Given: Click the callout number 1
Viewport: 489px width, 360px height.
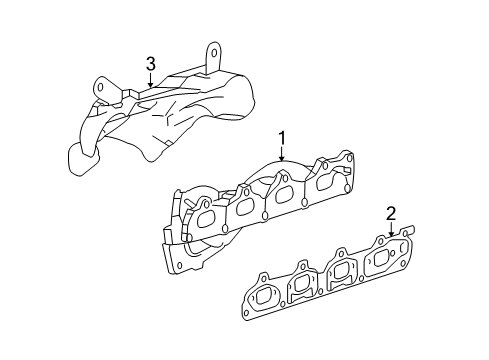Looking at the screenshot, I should (x=282, y=140).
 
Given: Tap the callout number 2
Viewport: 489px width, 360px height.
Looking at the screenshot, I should (x=391, y=213).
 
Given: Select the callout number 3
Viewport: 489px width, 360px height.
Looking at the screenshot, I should (x=150, y=64).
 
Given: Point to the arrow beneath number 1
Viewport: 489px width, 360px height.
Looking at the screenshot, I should (x=282, y=155).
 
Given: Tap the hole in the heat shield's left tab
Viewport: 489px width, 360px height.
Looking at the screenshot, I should (x=101, y=90).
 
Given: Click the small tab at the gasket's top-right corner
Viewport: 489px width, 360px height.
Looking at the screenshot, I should (x=410, y=231).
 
